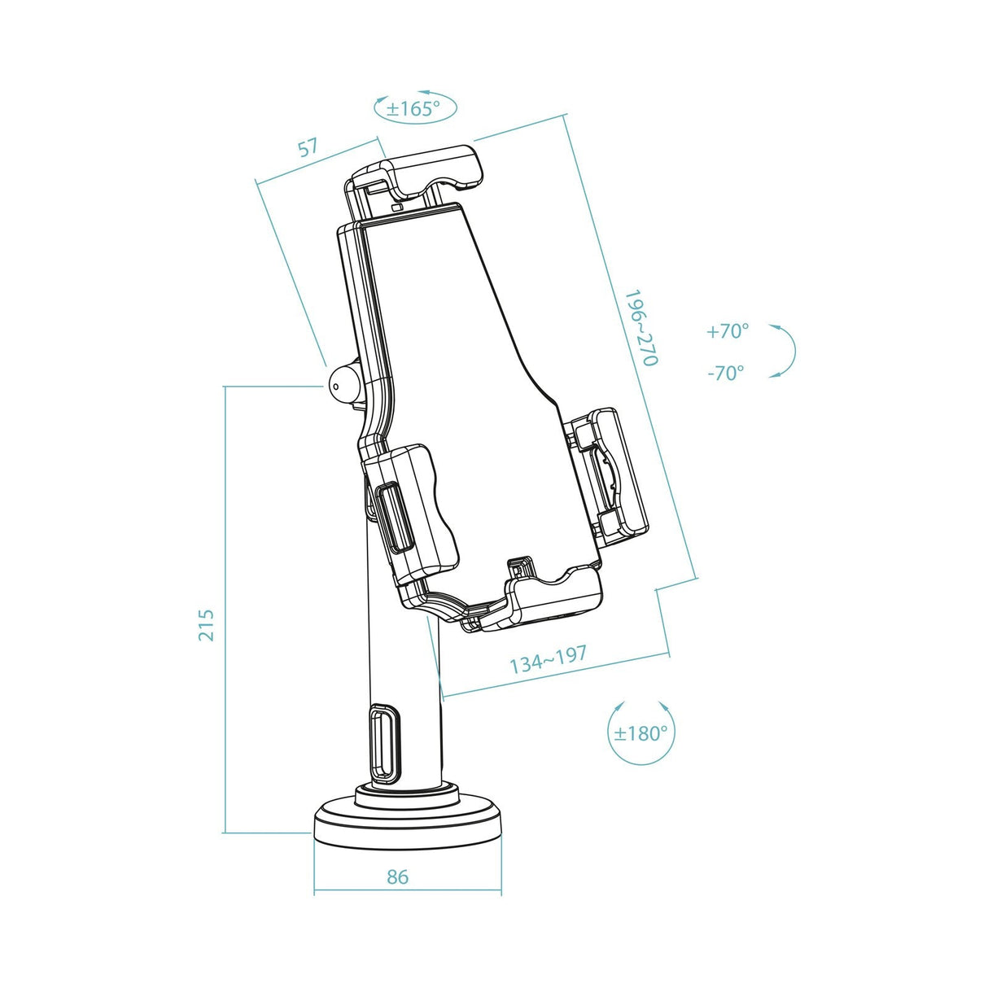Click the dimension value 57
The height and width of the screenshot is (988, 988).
tap(307, 148)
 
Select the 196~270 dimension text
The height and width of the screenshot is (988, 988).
tap(640, 327)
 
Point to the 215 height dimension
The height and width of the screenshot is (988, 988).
tap(207, 624)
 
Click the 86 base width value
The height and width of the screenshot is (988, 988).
tap(398, 877)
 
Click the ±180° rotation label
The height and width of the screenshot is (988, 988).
tap(640, 733)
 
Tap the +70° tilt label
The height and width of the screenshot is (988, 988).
tap(727, 331)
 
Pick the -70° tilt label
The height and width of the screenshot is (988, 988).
tap(725, 373)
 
